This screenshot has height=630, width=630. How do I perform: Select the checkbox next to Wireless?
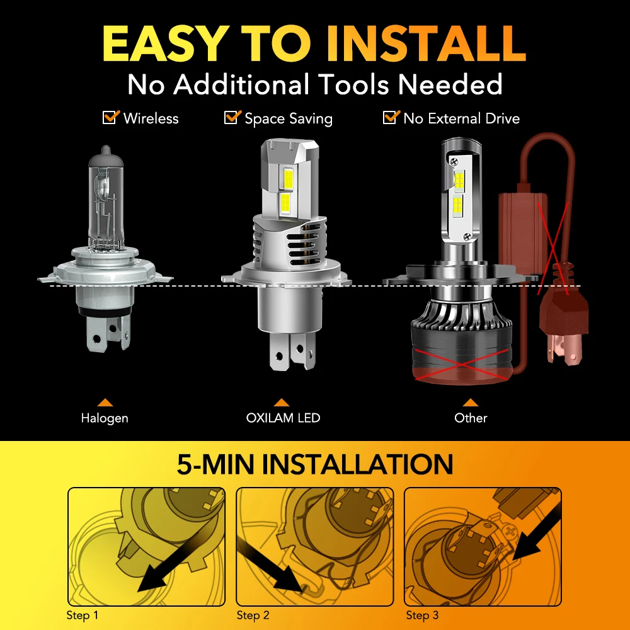111,117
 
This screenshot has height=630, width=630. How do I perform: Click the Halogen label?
105,418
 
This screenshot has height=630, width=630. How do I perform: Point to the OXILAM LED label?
283,418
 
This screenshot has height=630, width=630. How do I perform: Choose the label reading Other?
471,418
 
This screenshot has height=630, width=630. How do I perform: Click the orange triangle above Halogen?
105,402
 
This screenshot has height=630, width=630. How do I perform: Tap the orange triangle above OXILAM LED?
281,402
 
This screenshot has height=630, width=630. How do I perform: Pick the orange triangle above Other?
470,402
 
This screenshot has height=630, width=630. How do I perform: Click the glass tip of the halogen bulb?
105,151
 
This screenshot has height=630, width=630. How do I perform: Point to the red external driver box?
523,232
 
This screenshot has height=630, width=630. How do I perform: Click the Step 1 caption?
82,615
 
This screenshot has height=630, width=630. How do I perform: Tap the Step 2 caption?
253,615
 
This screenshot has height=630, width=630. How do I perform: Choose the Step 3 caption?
422,615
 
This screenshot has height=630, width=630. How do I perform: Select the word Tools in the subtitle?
354,84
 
